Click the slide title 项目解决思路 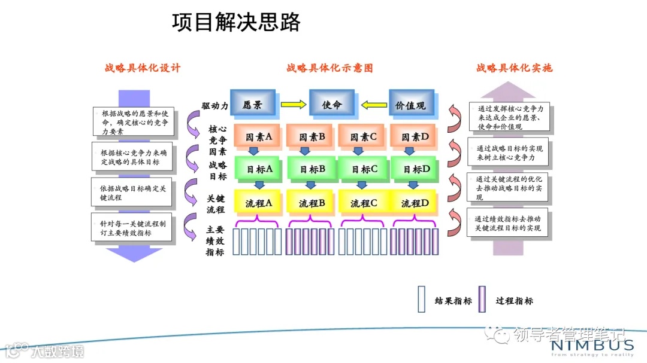[236, 22]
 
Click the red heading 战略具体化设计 [143, 68]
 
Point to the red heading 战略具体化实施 [514, 68]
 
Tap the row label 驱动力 [214, 106]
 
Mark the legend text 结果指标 [453, 301]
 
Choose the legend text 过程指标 [514, 301]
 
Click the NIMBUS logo [592, 346]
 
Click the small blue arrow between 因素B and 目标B [305, 151]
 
